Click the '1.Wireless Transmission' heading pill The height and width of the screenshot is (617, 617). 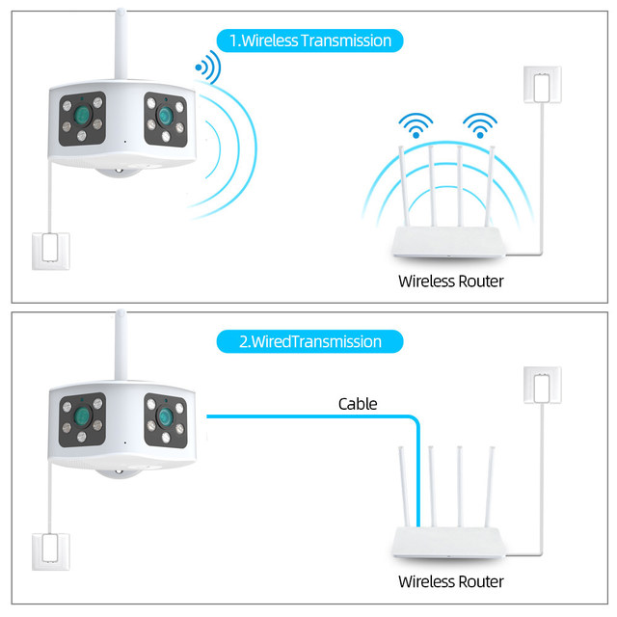pyautogui.click(x=309, y=40)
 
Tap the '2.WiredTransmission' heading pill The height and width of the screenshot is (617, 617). pyautogui.click(x=309, y=341)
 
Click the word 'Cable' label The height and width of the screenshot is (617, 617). pyautogui.click(x=358, y=404)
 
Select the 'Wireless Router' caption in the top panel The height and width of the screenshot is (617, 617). pyautogui.click(x=450, y=282)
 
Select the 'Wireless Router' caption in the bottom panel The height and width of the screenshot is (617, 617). pyautogui.click(x=450, y=581)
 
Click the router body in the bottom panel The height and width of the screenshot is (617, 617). pyautogui.click(x=449, y=546)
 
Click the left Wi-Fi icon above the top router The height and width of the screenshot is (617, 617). pyautogui.click(x=417, y=125)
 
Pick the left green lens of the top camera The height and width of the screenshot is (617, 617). pyautogui.click(x=84, y=120)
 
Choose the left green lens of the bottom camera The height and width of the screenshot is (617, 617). pyautogui.click(x=84, y=417)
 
